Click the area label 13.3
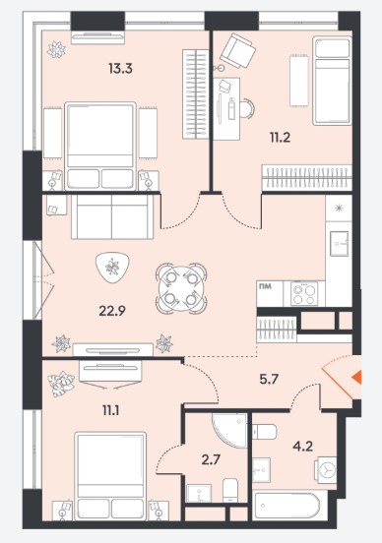click(x=120, y=69)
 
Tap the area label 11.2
click(x=280, y=138)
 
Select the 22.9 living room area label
click(x=112, y=311)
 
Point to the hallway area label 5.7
click(x=269, y=380)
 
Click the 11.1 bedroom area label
click(x=111, y=411)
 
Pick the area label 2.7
click(x=211, y=460)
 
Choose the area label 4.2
click(x=302, y=446)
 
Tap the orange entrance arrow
click(x=356, y=377)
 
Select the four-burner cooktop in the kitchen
click(x=304, y=294)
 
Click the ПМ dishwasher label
click(x=264, y=286)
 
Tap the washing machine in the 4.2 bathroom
click(x=325, y=469)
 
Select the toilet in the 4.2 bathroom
click(x=265, y=432)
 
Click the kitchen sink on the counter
click(x=339, y=243)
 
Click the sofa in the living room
click(x=112, y=216)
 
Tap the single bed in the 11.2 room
click(x=331, y=81)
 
